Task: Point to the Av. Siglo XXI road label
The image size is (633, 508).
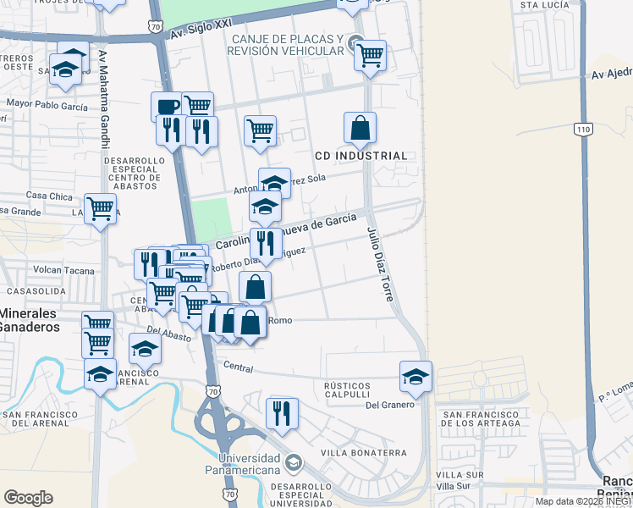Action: pos(201,33)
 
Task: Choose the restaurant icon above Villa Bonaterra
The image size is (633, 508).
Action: pos(282,412)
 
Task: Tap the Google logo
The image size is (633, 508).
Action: pos(28,497)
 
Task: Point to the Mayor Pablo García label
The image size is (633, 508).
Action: pos(47,106)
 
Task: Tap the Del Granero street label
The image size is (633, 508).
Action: pos(390,405)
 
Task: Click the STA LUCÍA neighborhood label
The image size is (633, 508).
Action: pos(542,5)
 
